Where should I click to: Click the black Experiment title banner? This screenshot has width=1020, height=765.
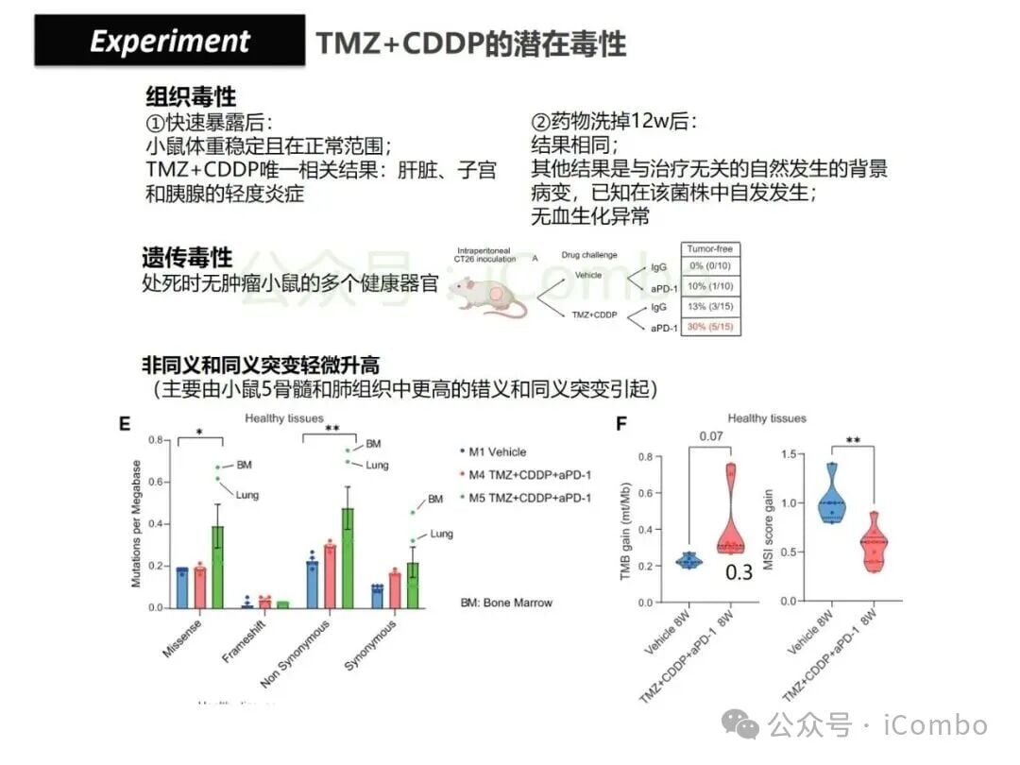[x=170, y=41]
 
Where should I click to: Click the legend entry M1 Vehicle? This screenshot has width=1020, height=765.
[x=496, y=452]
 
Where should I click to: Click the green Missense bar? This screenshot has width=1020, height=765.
[x=217, y=567]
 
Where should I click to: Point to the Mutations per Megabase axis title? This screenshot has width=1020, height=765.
[x=136, y=524]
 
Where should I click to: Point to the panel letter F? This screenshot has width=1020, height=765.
[x=621, y=424]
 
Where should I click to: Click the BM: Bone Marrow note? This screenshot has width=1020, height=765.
[x=506, y=602]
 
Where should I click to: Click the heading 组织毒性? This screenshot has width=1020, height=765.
[x=191, y=96]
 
